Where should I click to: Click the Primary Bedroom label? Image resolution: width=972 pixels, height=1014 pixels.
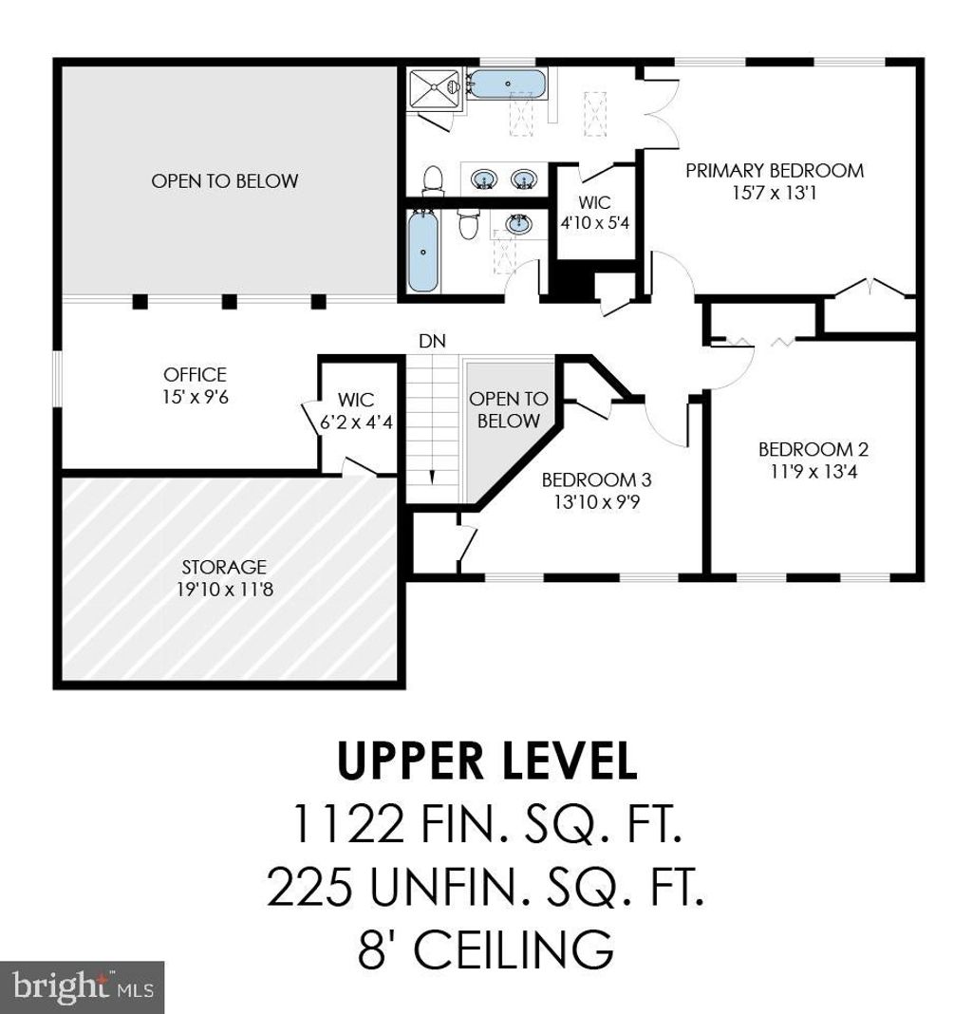(x=775, y=171)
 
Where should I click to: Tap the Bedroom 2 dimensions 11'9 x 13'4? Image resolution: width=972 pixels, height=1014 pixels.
(x=813, y=472)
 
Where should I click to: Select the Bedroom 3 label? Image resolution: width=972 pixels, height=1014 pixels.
(x=596, y=479)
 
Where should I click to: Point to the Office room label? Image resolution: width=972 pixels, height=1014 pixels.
(x=195, y=374)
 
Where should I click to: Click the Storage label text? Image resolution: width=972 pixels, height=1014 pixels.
(x=224, y=567)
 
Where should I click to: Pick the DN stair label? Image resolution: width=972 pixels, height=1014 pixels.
(x=432, y=341)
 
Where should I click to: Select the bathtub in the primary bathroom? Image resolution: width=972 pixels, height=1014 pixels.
(x=507, y=84)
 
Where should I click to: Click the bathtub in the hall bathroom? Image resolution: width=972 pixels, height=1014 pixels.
(x=423, y=252)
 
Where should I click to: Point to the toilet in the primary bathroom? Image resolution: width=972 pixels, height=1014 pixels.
(x=433, y=180)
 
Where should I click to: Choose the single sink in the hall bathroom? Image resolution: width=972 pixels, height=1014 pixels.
(x=518, y=224)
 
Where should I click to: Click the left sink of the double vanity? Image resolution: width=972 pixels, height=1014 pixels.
(x=483, y=178)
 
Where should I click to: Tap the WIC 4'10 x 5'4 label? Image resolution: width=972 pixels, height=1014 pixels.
(x=594, y=213)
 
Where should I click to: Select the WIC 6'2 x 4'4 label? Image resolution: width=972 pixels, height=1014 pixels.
(x=356, y=411)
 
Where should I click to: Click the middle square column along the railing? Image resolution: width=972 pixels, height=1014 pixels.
(x=230, y=301)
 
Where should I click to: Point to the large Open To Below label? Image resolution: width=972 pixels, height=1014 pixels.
(x=224, y=181)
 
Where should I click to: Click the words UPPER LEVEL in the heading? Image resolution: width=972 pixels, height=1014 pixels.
(x=487, y=760)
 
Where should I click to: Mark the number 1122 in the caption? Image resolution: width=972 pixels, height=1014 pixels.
(x=349, y=823)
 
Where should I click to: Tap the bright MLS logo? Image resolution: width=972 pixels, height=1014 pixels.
(x=83, y=987)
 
